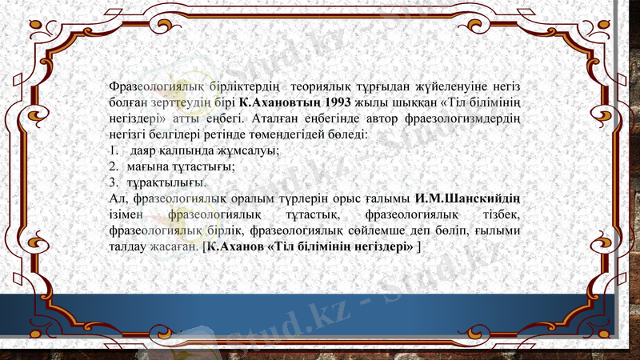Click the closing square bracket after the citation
(419, 246)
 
